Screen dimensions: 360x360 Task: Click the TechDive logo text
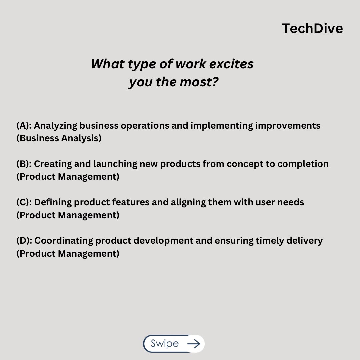click(x=312, y=29)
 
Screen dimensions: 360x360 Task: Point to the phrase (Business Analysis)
click(x=59, y=138)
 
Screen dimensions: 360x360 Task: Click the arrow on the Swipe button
click(x=194, y=344)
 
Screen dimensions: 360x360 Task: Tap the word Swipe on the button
click(x=165, y=344)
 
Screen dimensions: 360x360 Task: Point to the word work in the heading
click(x=186, y=64)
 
